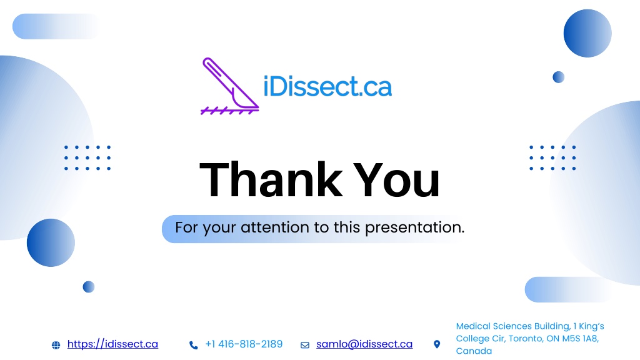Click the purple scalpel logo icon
pos(230,86)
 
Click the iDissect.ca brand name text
pos(327,86)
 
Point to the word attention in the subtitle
pos(275,227)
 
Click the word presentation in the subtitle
pos(414,227)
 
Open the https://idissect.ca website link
pos(112,344)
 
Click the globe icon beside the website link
pos(56,345)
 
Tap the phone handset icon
pos(194,345)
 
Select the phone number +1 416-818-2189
pos(244,344)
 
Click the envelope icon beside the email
pos(305,345)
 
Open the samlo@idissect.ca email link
pos(364,344)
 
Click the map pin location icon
pos(437,344)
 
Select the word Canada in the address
pos(474,351)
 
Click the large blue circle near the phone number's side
pos(51,243)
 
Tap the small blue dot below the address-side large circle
pos(558,77)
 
